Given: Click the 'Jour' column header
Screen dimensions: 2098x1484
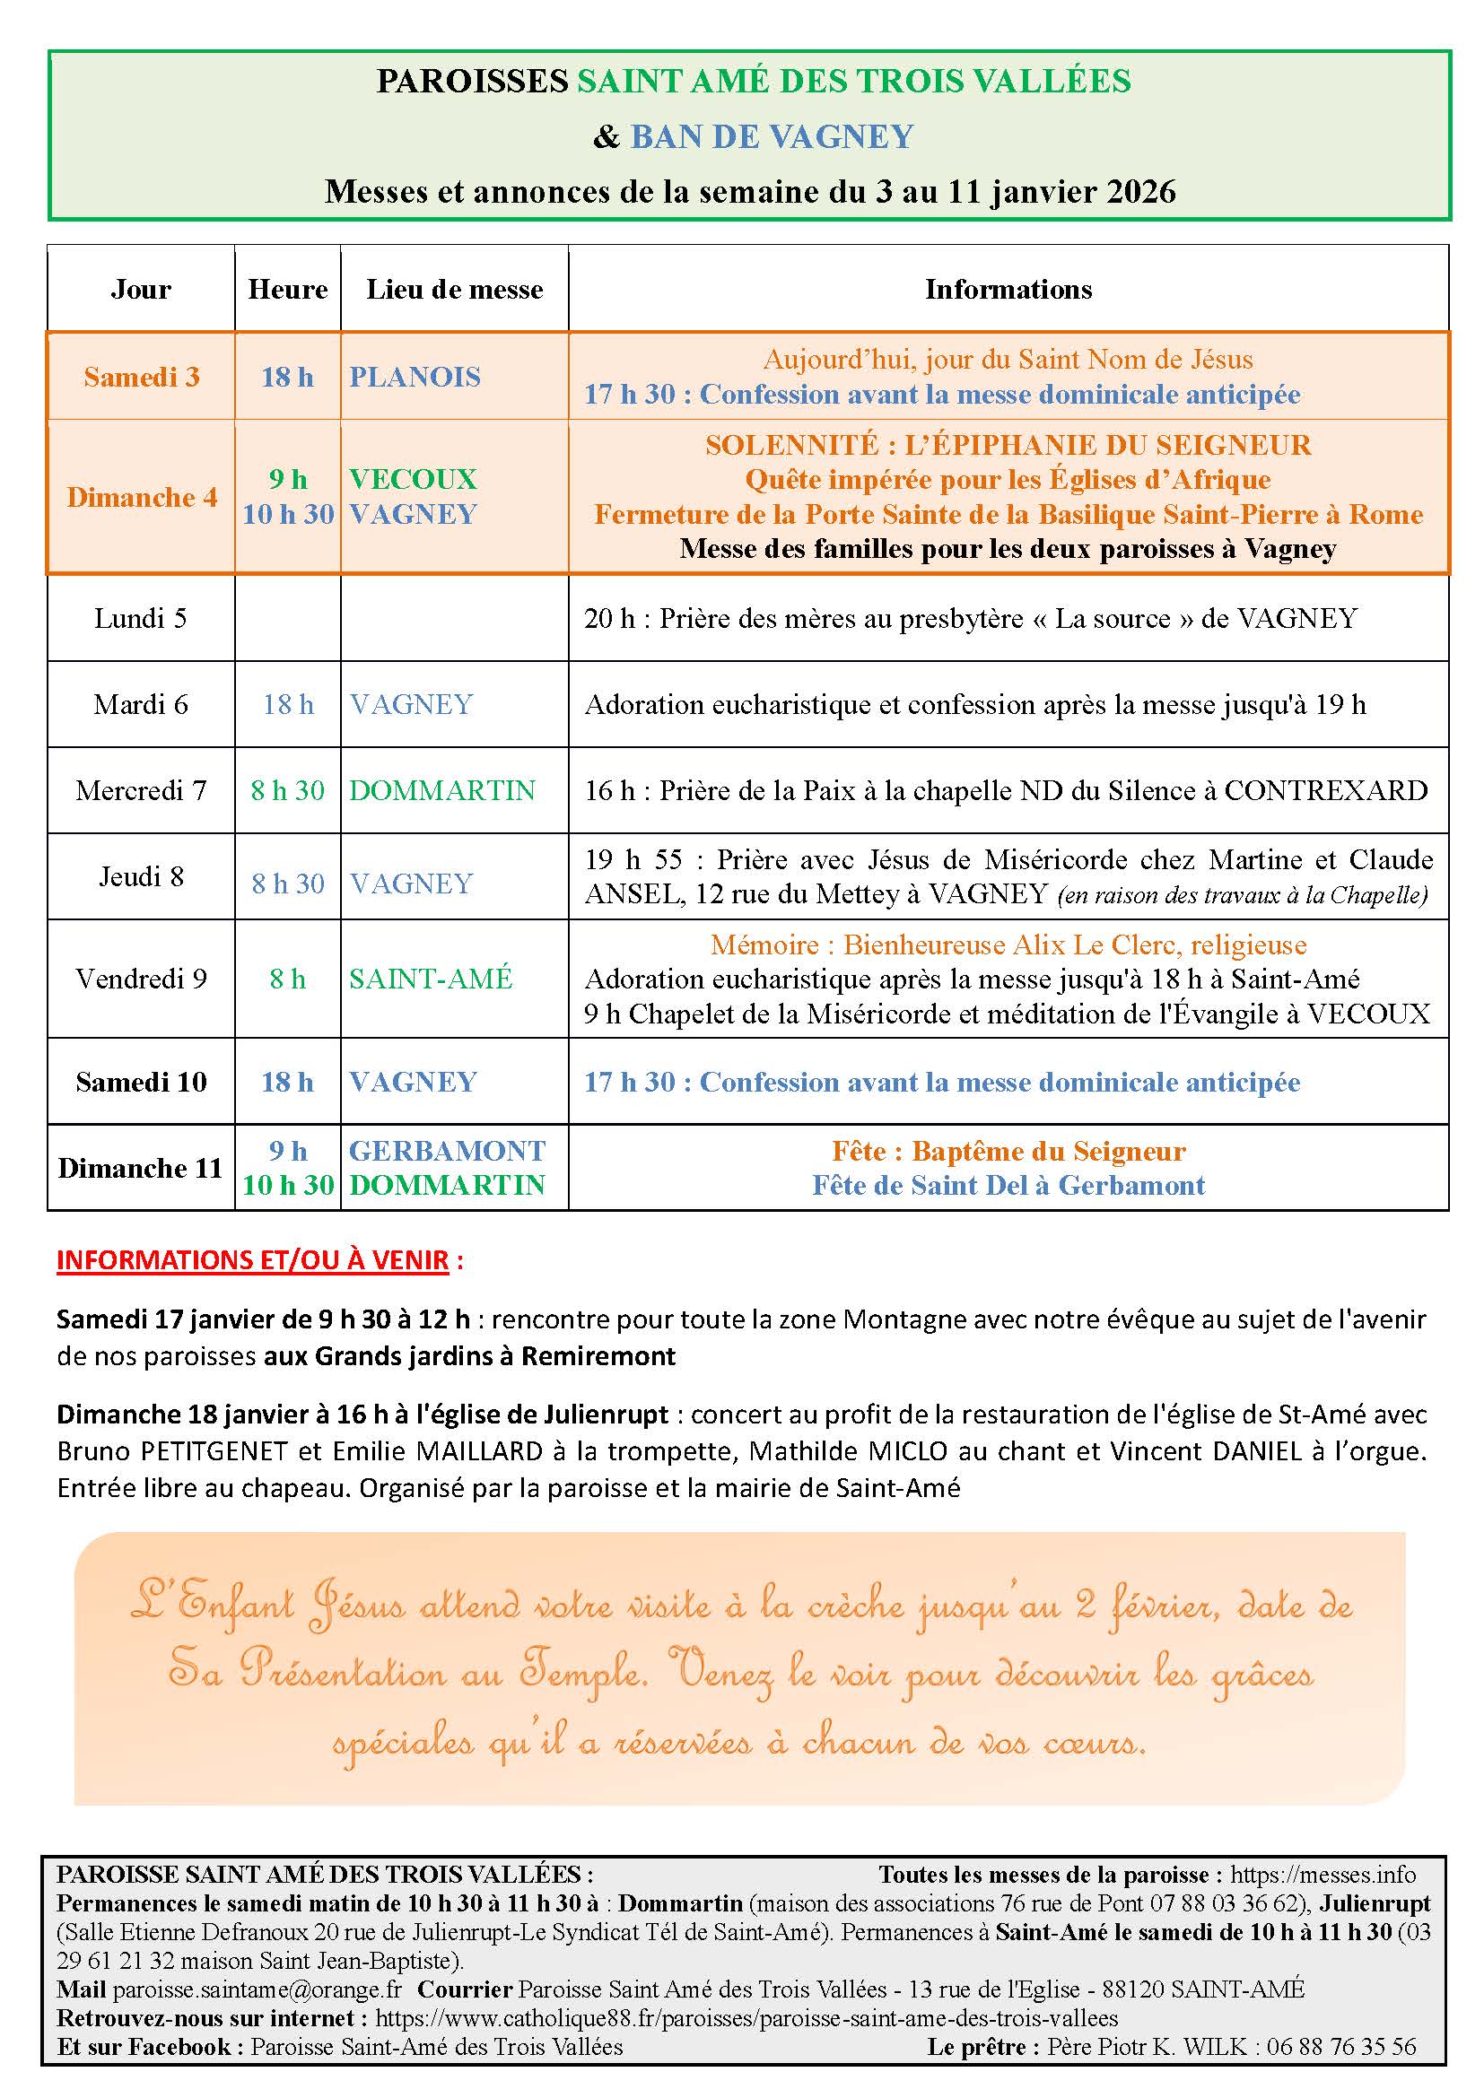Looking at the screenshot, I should point(141,290).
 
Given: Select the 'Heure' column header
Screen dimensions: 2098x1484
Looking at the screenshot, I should point(288,290).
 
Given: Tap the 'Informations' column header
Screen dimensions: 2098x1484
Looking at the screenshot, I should point(1008,290).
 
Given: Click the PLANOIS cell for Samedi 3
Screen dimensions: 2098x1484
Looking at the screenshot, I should point(415,377).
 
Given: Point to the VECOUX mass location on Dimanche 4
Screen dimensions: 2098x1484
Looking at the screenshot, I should point(413,479).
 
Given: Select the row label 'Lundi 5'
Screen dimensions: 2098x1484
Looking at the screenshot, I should point(141,619).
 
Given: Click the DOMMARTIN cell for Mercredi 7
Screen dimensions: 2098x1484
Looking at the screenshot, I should point(442,790).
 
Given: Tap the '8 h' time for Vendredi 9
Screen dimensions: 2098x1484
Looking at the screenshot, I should point(288,979).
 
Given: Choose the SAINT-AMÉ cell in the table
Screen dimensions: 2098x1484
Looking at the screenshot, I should point(432,979).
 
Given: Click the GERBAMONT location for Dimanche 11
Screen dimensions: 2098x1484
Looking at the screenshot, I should point(447,1151).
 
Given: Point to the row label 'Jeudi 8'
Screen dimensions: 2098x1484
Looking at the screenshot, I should point(141,876).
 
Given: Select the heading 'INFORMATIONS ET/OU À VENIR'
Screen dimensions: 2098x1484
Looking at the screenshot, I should point(253,1260).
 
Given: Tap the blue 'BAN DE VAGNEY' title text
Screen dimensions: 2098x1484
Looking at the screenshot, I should point(773,137).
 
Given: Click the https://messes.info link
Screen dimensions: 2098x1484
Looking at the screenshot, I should point(1323,1875).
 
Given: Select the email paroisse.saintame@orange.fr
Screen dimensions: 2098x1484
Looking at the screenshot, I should point(257,1989).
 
